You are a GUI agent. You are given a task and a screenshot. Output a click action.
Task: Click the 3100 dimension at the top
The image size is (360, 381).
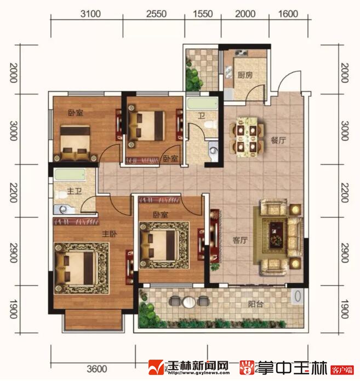(90, 14)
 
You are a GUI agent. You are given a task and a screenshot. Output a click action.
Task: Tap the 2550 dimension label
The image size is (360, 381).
(156, 14)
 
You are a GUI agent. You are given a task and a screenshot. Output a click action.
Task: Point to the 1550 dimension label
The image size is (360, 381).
(203, 14)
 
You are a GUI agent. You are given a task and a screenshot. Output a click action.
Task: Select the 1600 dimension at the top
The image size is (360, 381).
(288, 14)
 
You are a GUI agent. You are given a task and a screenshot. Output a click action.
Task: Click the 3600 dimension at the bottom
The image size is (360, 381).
(97, 369)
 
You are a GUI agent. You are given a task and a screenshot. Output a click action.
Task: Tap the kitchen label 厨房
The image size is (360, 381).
(245, 75)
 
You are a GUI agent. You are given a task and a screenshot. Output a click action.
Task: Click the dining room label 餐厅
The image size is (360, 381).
(278, 140)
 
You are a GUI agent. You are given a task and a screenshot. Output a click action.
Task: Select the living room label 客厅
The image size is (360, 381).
(241, 240)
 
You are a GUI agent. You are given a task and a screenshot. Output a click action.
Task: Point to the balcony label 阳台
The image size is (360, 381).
(256, 304)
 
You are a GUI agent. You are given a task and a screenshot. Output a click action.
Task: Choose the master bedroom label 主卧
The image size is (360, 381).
(110, 234)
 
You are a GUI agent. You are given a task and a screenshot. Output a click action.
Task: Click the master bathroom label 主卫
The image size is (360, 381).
(74, 191)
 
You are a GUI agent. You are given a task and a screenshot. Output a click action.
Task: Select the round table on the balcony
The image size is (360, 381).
(189, 302)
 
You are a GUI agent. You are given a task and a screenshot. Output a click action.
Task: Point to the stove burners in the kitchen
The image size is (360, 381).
(241, 53)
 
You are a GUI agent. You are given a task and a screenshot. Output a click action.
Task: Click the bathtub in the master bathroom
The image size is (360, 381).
(70, 175)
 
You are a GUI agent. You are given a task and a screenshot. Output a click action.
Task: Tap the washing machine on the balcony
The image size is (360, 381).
(298, 297)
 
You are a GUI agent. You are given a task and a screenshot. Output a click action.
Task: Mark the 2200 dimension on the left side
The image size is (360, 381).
(13, 193)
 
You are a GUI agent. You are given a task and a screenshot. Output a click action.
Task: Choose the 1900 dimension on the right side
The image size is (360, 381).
(345, 309)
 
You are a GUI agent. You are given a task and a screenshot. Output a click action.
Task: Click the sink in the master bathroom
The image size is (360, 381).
(63, 209)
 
